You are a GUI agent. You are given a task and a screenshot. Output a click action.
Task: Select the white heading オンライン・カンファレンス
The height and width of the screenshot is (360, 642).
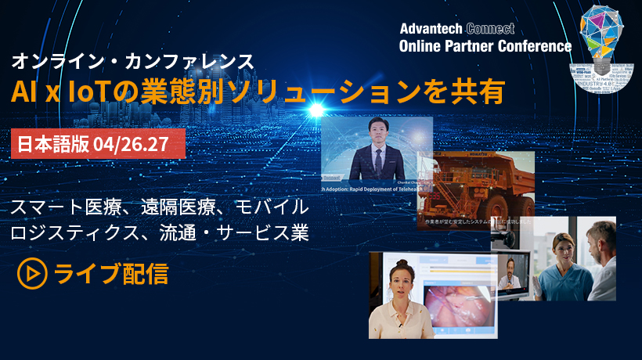(x=131, y=60)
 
